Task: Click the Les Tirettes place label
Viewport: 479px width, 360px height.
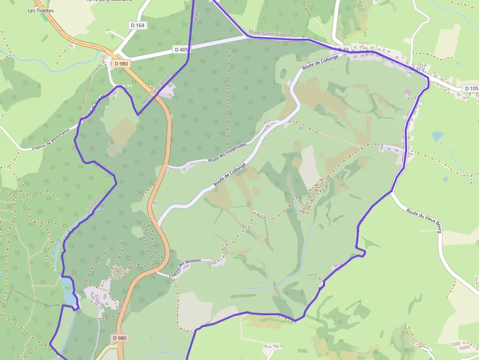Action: point(41,10)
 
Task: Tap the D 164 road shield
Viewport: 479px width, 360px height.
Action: point(138,25)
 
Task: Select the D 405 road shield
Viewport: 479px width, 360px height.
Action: point(181,49)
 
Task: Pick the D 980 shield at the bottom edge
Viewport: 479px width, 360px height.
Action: point(119,338)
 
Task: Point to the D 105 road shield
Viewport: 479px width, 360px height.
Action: point(471,88)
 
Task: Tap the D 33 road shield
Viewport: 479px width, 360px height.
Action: point(343,50)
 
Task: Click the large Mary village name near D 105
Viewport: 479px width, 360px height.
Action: point(417,69)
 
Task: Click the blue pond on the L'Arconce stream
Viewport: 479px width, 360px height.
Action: point(67,289)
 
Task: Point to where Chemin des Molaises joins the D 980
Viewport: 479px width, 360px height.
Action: point(157,272)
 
